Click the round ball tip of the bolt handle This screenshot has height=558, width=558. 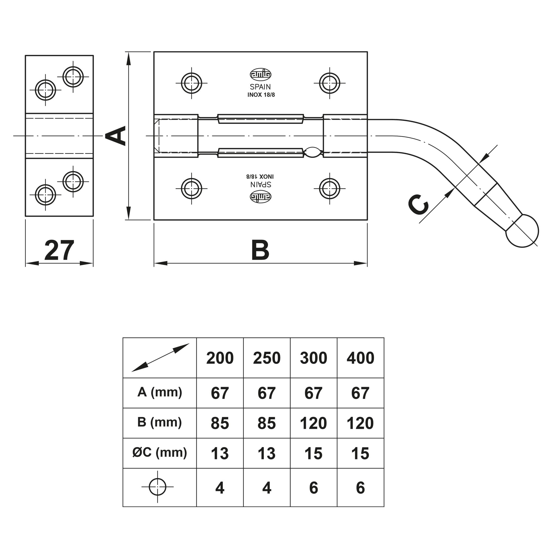(522, 231)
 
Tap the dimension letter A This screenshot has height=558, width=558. (116, 135)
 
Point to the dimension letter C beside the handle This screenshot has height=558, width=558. (418, 205)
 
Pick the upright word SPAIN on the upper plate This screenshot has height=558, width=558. (260, 87)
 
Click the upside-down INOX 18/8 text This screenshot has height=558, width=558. (260, 176)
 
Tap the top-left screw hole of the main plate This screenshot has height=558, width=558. (191, 83)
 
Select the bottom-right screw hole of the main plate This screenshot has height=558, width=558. (330, 189)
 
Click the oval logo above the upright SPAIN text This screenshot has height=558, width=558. (261, 74)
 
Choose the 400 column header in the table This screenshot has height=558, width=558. (360, 358)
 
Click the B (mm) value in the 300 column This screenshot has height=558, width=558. (313, 423)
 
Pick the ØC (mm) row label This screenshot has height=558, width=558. (160, 452)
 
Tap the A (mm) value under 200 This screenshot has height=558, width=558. (220, 393)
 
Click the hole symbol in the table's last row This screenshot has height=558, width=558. (157, 487)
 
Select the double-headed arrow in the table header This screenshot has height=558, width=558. (160, 358)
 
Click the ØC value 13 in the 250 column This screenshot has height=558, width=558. (267, 453)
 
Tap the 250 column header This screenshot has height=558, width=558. (267, 358)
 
